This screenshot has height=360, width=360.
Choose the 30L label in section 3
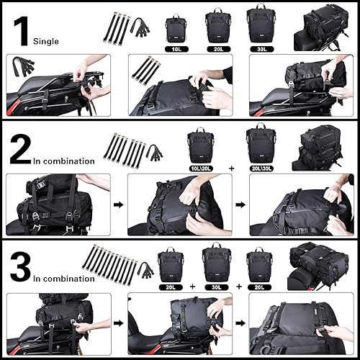[217, 286]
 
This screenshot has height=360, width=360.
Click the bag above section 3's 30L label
[217, 263]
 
